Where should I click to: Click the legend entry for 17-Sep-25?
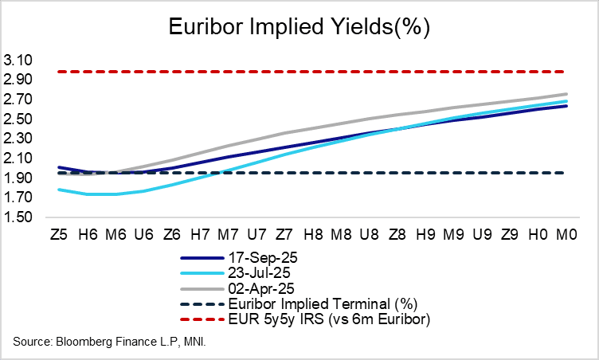coord(255,259)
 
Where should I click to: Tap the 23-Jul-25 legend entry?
coord(254,274)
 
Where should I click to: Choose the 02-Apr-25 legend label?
coord(254,288)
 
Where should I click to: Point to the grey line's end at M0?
coord(566,94)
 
